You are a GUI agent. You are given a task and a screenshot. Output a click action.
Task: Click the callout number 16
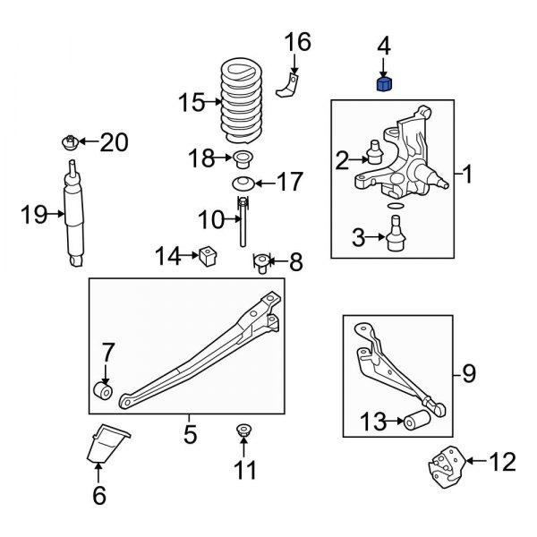click(x=297, y=41)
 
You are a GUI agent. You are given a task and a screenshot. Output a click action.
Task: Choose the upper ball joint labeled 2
click(x=375, y=153)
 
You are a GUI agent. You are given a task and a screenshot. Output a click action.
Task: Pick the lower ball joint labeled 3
click(x=392, y=237)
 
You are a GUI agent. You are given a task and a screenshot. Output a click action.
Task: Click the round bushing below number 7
click(x=104, y=392)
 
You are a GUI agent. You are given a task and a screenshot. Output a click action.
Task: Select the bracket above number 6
click(x=107, y=447)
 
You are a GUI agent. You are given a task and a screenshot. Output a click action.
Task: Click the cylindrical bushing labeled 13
click(x=416, y=421)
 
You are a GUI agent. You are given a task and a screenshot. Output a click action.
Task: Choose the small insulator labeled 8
click(x=261, y=263)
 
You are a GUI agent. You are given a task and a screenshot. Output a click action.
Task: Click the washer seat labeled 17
click(x=240, y=184)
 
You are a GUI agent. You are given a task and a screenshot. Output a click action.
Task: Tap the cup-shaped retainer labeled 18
click(x=241, y=162)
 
